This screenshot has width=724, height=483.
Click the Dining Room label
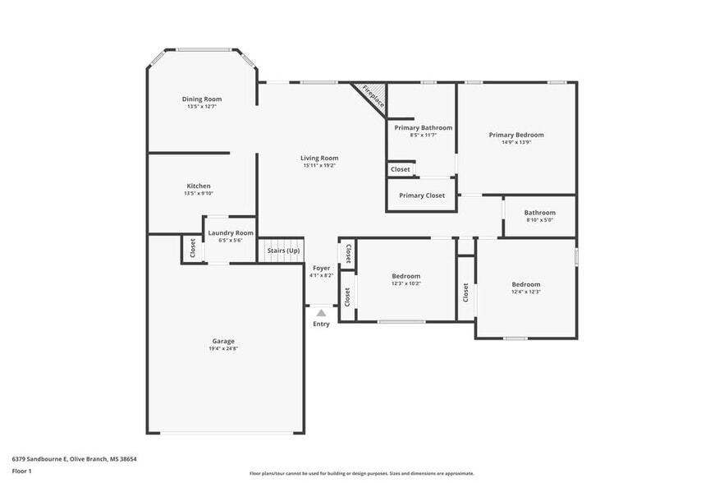(202, 99)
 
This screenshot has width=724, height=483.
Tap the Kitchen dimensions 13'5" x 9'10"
(198, 194)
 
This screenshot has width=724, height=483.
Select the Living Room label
(319, 158)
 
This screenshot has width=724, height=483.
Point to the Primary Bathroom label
(423, 127)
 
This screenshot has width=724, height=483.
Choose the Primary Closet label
(422, 195)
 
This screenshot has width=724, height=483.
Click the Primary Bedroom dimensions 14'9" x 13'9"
(516, 142)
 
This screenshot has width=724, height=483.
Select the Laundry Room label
(231, 232)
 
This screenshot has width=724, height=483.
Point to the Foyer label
(321, 268)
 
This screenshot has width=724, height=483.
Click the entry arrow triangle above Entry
(321, 313)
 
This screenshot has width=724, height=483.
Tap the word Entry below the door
(321, 324)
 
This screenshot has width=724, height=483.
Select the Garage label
(223, 341)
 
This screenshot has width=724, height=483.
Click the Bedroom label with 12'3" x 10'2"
(406, 276)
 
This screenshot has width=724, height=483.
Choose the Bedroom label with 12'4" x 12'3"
(525, 284)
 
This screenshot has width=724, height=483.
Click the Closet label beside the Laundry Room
(193, 248)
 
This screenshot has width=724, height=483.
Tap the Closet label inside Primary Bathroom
(401, 169)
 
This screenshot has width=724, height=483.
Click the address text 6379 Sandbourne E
(74, 459)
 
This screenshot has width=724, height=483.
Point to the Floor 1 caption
(21, 471)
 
